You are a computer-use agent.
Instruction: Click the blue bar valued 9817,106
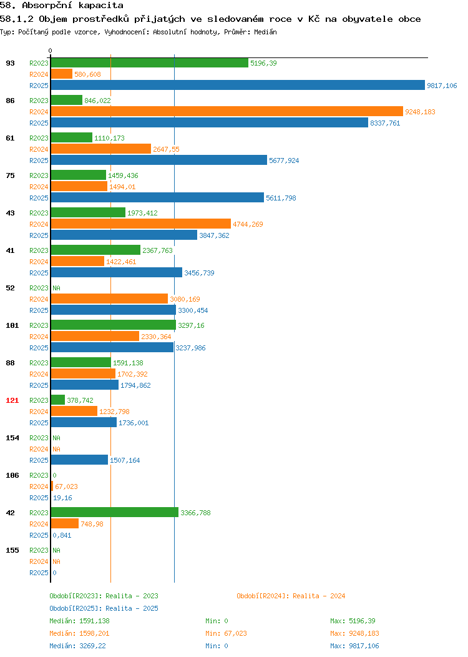pyautogui.click(x=238, y=85)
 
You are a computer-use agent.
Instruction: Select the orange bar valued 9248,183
pyautogui.click(x=227, y=111)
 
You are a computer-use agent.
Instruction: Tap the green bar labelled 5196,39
pyautogui.click(x=149, y=63)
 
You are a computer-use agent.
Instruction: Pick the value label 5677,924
pyautogui.click(x=284, y=161)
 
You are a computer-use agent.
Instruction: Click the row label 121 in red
pyautogui.click(x=12, y=400)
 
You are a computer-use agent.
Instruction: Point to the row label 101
pyautogui.click(x=12, y=325)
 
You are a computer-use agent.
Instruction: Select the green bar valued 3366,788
pyautogui.click(x=115, y=512)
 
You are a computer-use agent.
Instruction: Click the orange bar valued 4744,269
pyautogui.click(x=140, y=224)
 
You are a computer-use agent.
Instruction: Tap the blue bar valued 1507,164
pyautogui.click(x=79, y=460)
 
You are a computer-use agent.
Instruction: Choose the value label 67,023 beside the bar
pyautogui.click(x=66, y=487)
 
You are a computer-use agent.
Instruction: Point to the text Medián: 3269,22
pyautogui.click(x=77, y=646)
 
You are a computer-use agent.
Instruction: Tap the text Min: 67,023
pyautogui.click(x=226, y=633)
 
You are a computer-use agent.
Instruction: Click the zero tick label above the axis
pyautogui.click(x=51, y=51)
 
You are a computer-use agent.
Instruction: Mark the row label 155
pyautogui.click(x=12, y=550)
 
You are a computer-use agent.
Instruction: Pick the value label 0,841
pyautogui.click(x=62, y=535)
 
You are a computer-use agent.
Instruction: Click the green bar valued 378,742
pyautogui.click(x=58, y=400)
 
